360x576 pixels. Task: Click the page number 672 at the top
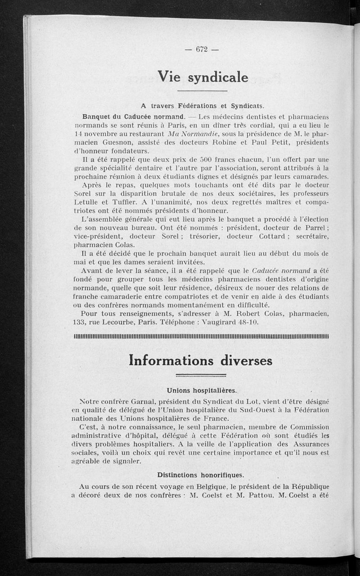click(x=202, y=49)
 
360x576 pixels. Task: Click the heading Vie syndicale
click(x=202, y=77)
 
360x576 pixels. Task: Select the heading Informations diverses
click(x=201, y=361)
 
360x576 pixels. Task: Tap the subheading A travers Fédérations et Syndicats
click(x=202, y=107)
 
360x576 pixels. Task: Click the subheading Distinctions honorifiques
click(x=201, y=475)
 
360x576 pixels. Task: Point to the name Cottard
click(x=276, y=236)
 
